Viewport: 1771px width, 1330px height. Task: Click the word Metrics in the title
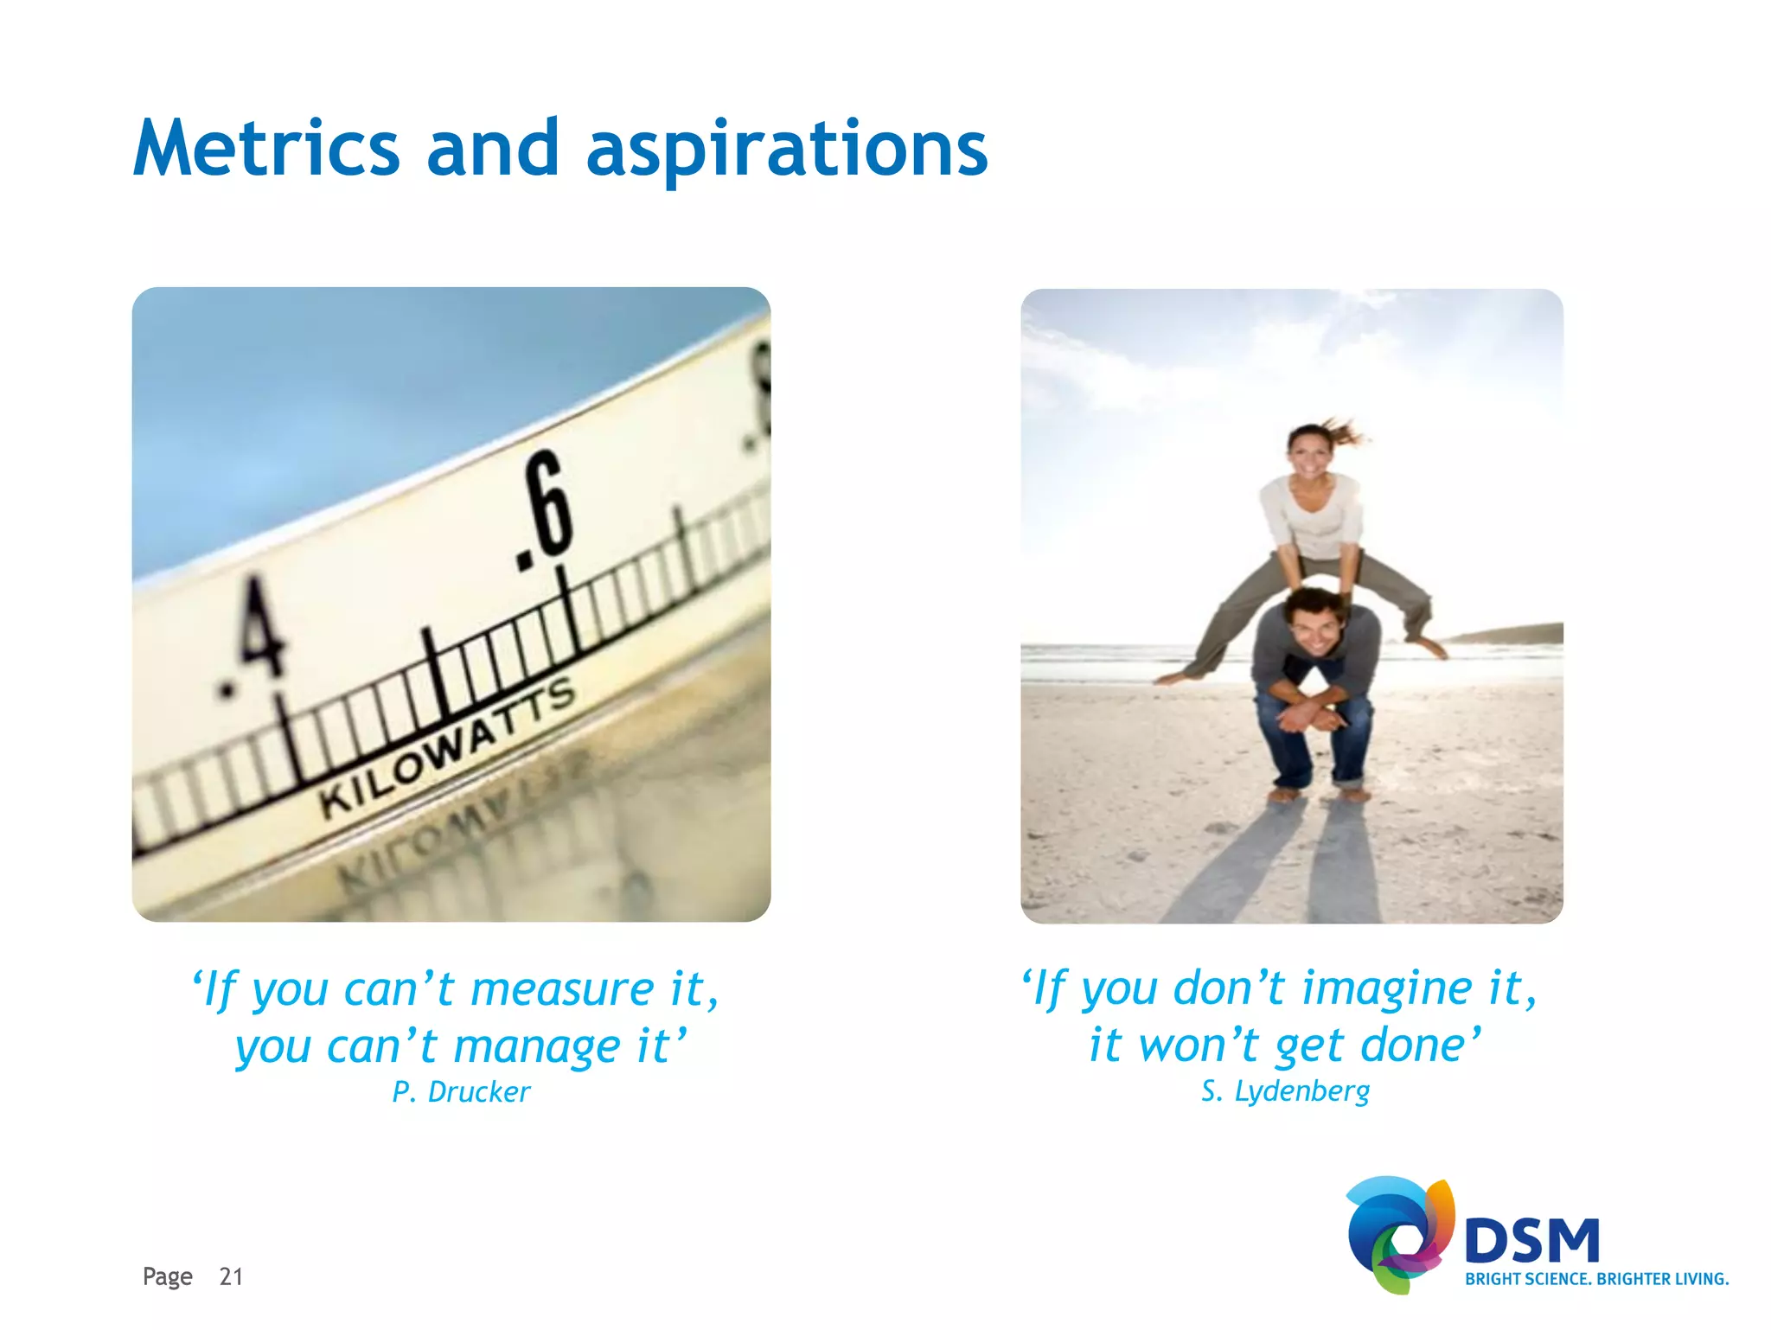coord(266,149)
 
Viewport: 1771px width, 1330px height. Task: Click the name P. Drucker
coord(460,1092)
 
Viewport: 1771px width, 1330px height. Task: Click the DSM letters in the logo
coord(1531,1240)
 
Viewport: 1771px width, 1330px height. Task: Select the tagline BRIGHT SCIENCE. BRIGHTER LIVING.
coord(1596,1279)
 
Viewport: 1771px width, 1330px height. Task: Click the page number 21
coord(231,1276)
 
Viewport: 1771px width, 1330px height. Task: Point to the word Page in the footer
coord(167,1276)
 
